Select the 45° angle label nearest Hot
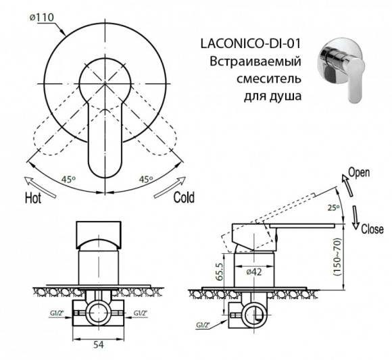coord(66,180)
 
